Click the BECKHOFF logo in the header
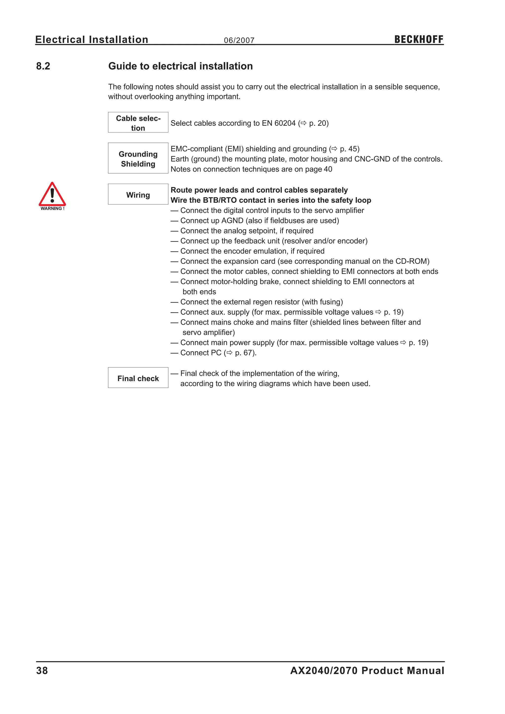coord(418,39)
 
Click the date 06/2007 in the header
coord(239,40)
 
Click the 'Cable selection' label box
coord(138,123)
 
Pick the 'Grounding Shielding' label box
coord(138,158)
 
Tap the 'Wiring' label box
coord(138,194)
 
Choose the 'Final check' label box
coord(138,378)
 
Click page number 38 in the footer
coord(42,671)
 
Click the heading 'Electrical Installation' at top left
coord(92,40)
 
